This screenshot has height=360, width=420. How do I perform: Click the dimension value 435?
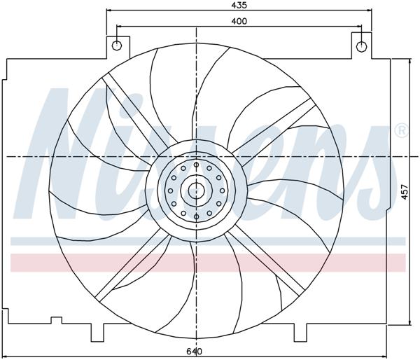tap(239, 5)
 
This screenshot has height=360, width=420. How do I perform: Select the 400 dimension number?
tap(239, 21)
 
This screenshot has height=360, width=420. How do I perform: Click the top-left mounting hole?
tap(117, 46)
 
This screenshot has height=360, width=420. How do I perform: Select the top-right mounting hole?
tap(361, 46)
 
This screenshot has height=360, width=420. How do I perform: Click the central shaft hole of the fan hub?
tap(197, 190)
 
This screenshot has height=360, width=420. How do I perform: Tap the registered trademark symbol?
tap(401, 130)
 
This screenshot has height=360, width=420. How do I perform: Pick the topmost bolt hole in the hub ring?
tap(197, 165)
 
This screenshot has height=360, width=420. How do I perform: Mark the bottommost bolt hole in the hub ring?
tap(197, 216)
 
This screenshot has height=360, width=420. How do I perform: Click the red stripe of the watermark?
tap(70, 262)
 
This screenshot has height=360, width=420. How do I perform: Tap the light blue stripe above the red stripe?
tap(70, 241)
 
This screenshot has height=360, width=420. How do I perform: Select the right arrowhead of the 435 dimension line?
tap(367, 11)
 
